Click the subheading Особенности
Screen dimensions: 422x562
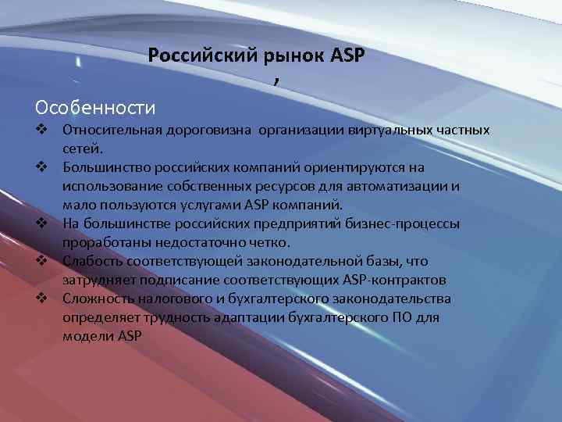point(95,105)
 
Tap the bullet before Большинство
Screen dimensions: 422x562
point(42,167)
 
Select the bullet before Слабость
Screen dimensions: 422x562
point(42,261)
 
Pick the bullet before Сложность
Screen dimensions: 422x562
point(42,299)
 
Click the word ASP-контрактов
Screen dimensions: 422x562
point(393,280)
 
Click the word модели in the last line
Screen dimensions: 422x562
point(87,336)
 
